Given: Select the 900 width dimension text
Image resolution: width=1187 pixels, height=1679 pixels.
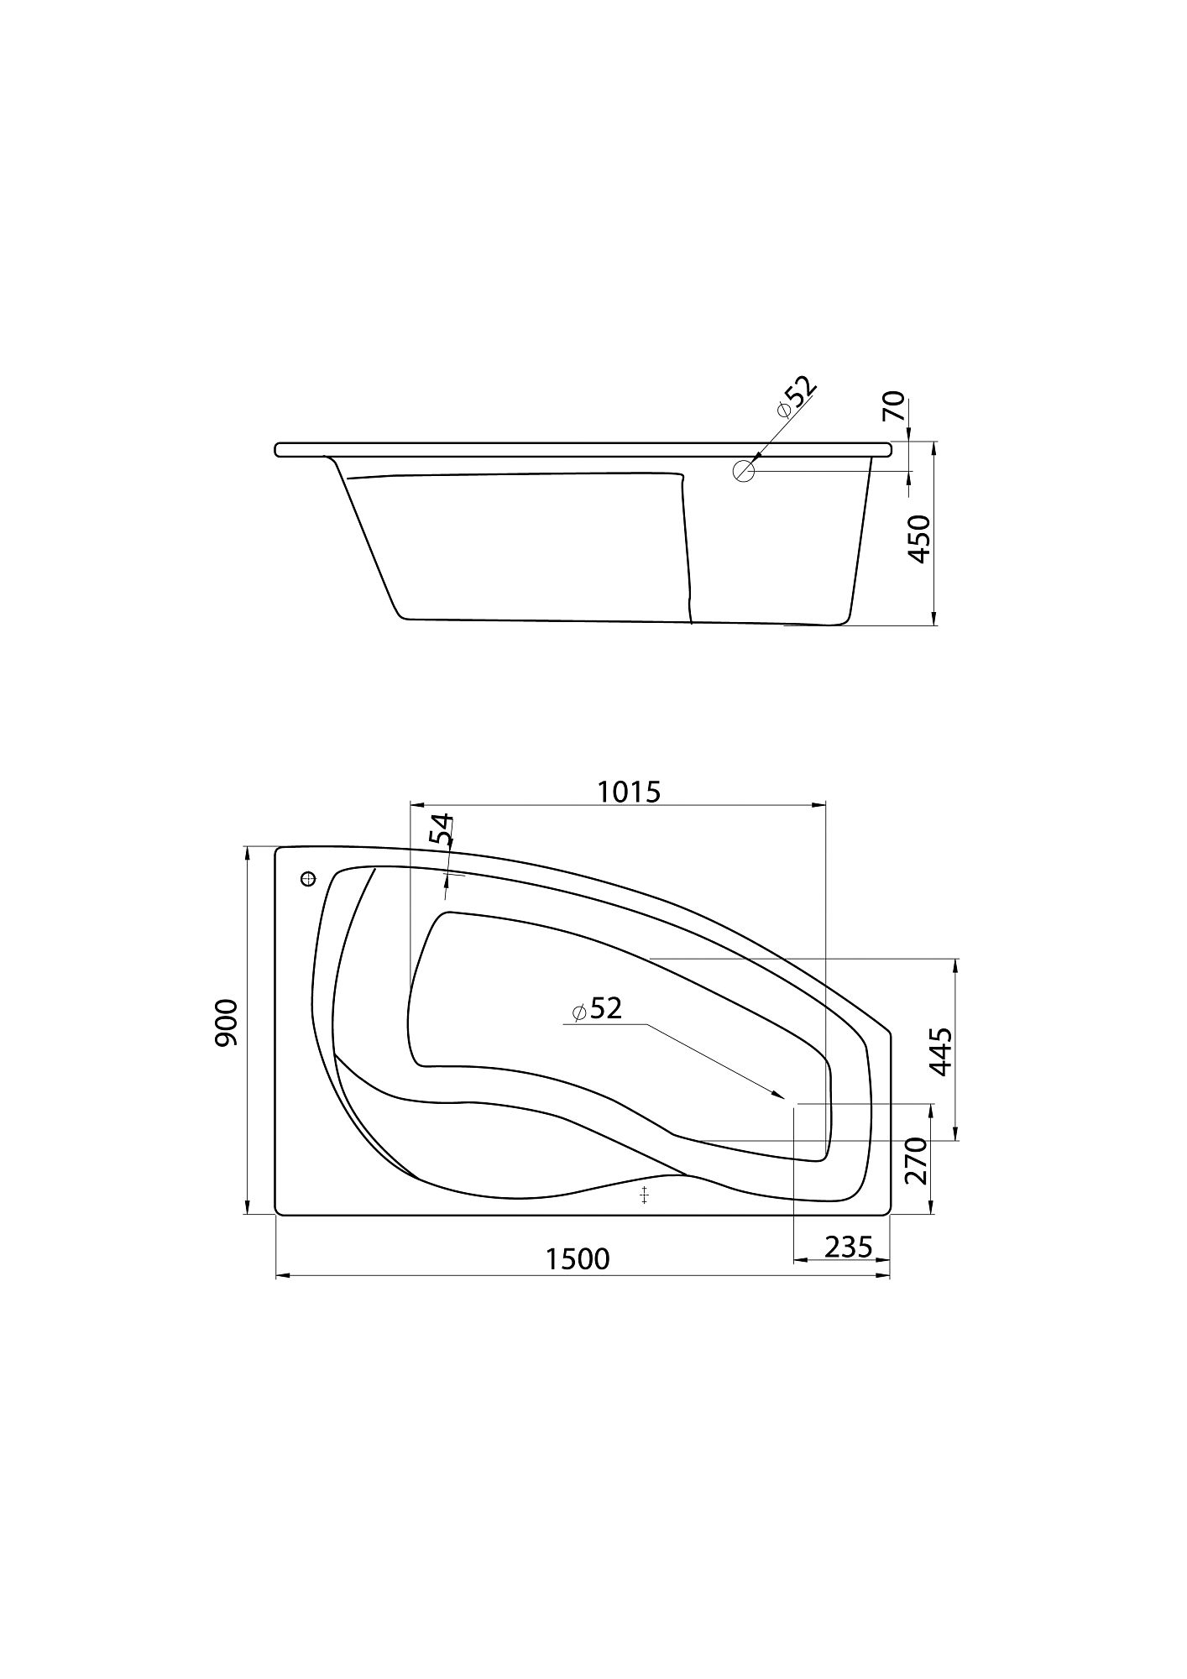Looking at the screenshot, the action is click(x=227, y=1023).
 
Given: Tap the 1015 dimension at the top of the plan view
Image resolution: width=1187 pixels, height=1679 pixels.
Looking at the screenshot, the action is click(x=629, y=792).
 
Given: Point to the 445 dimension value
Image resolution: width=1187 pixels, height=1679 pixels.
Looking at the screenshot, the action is click(x=940, y=1051).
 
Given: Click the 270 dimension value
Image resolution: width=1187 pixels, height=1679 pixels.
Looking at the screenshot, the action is click(x=915, y=1160).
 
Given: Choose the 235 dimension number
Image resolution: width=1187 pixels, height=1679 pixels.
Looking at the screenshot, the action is click(x=849, y=1247).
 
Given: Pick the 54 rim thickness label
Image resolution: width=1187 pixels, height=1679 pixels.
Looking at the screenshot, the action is click(x=441, y=829).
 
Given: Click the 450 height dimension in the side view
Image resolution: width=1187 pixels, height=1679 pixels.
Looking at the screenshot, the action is click(x=920, y=539).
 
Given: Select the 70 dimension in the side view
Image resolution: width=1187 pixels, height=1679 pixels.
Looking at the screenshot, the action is click(x=895, y=406).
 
